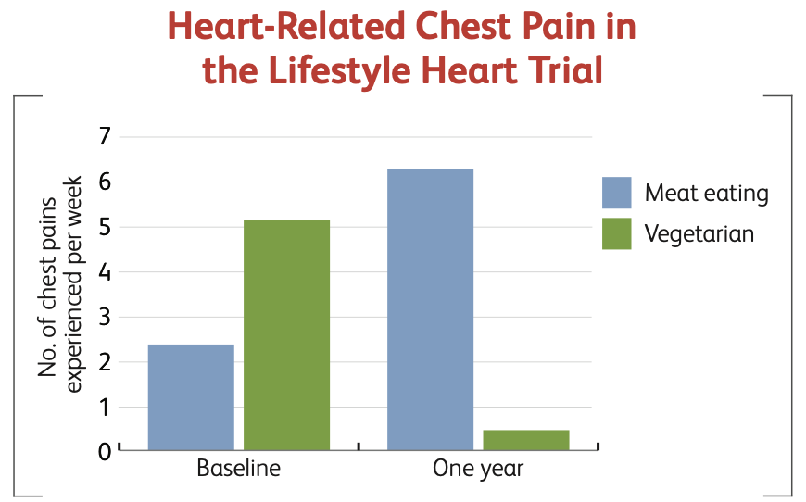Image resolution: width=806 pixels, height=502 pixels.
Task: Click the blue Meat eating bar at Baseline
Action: pos(191,397)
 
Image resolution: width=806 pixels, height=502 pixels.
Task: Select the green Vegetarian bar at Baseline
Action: pos(287,335)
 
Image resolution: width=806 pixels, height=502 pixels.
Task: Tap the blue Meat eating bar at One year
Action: pos(430,310)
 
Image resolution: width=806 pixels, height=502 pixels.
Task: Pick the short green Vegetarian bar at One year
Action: pos(526,440)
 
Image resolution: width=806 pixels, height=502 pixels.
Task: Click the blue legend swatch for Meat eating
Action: pos(617,193)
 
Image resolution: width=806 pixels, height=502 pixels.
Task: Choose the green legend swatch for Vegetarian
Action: pos(617,233)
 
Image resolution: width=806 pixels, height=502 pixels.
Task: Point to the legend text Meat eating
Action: pos(707,194)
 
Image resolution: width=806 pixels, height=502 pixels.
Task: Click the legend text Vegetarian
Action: pos(699,234)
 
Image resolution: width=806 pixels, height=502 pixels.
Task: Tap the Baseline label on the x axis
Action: pos(238,468)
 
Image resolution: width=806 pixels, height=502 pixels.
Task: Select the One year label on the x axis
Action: pos(478,469)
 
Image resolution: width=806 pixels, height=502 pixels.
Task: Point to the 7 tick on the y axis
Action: pos(105,137)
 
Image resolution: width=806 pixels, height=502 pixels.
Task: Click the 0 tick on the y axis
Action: pos(105,452)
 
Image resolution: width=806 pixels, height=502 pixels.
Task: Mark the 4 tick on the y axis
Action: pos(105,272)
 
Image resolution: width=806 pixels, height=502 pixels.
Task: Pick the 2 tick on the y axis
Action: pos(105,362)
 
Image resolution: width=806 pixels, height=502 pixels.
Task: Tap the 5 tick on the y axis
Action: pos(105,227)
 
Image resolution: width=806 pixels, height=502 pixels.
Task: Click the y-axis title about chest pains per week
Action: pos(59,285)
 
